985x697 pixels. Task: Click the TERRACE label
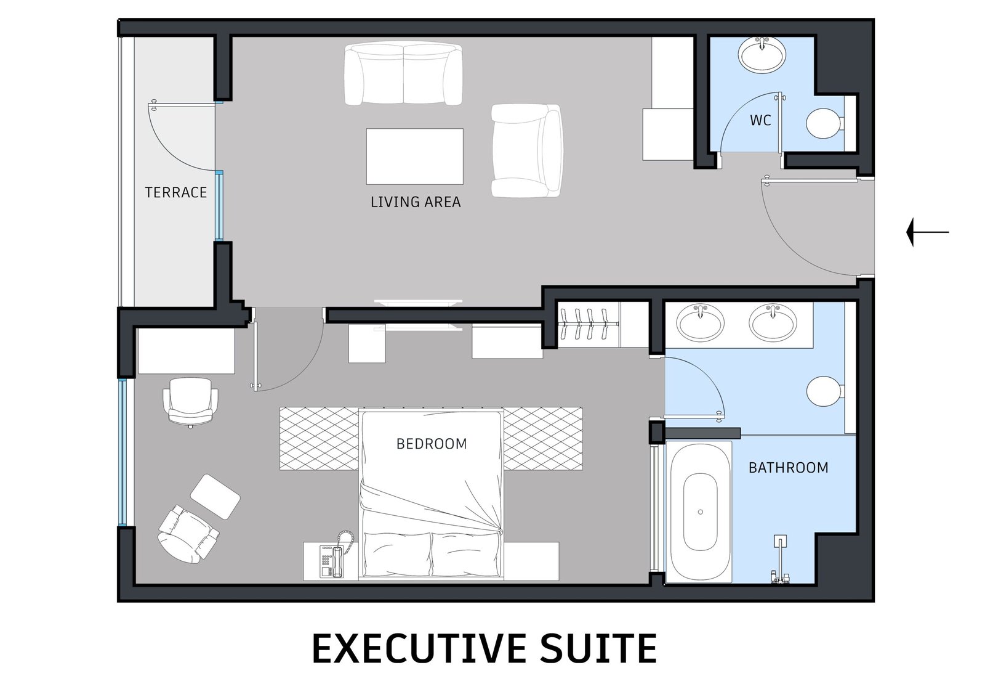176,192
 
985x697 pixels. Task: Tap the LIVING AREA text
416,202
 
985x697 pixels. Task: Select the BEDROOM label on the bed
432,444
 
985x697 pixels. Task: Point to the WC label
760,120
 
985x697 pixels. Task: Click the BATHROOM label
789,468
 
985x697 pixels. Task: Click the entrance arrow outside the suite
927,232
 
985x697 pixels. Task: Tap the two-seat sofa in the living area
403,73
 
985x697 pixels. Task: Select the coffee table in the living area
415,157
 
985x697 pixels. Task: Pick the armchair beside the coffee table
527,150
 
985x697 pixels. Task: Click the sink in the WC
762,55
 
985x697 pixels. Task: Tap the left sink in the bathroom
700,322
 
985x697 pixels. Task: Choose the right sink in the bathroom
773,322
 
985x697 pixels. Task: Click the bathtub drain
701,512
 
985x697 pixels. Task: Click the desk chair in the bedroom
190,402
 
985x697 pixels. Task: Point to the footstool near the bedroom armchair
215,497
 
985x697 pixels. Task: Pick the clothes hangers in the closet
589,324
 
